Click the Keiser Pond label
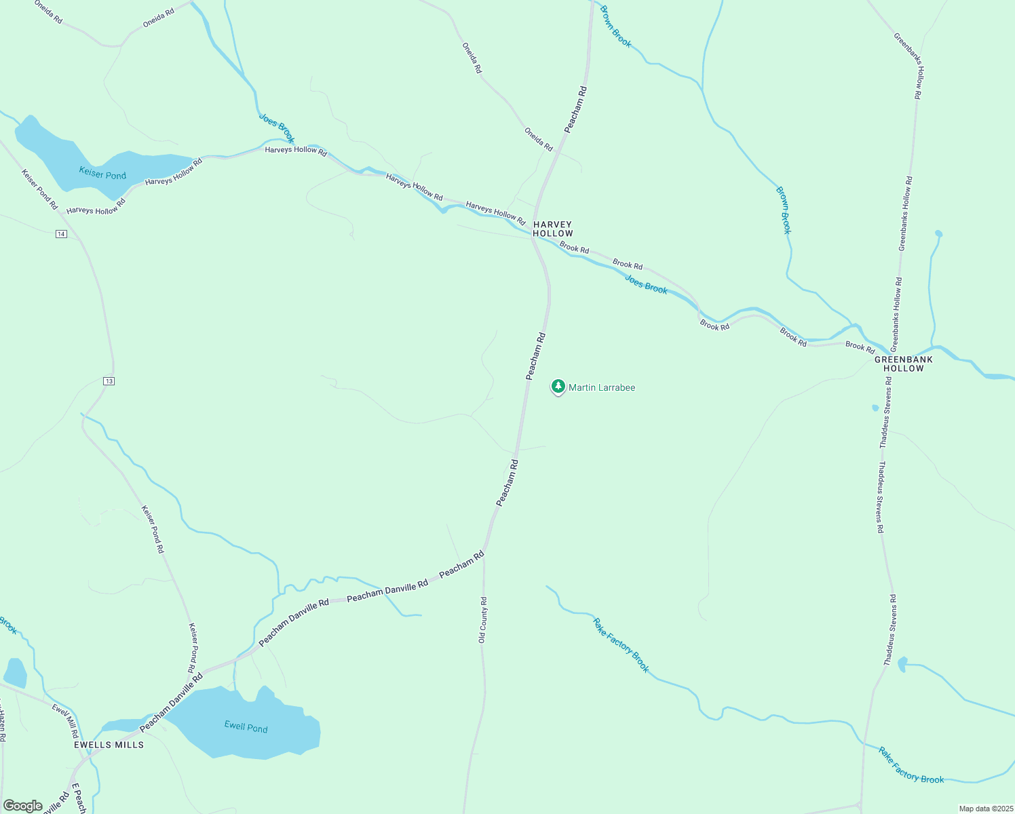(102, 174)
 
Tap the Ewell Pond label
(246, 727)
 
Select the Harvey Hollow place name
(552, 229)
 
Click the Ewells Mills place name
(109, 744)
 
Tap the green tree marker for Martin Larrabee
(558, 387)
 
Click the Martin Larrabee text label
(602, 387)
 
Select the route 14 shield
(61, 234)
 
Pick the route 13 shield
(109, 381)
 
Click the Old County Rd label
(483, 620)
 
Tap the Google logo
(22, 806)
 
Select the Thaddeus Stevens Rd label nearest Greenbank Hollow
(885, 413)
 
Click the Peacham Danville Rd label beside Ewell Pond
(171, 703)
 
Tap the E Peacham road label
(79, 799)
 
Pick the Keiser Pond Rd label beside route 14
(39, 189)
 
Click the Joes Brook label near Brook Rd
(646, 284)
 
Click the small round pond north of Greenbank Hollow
(938, 233)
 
